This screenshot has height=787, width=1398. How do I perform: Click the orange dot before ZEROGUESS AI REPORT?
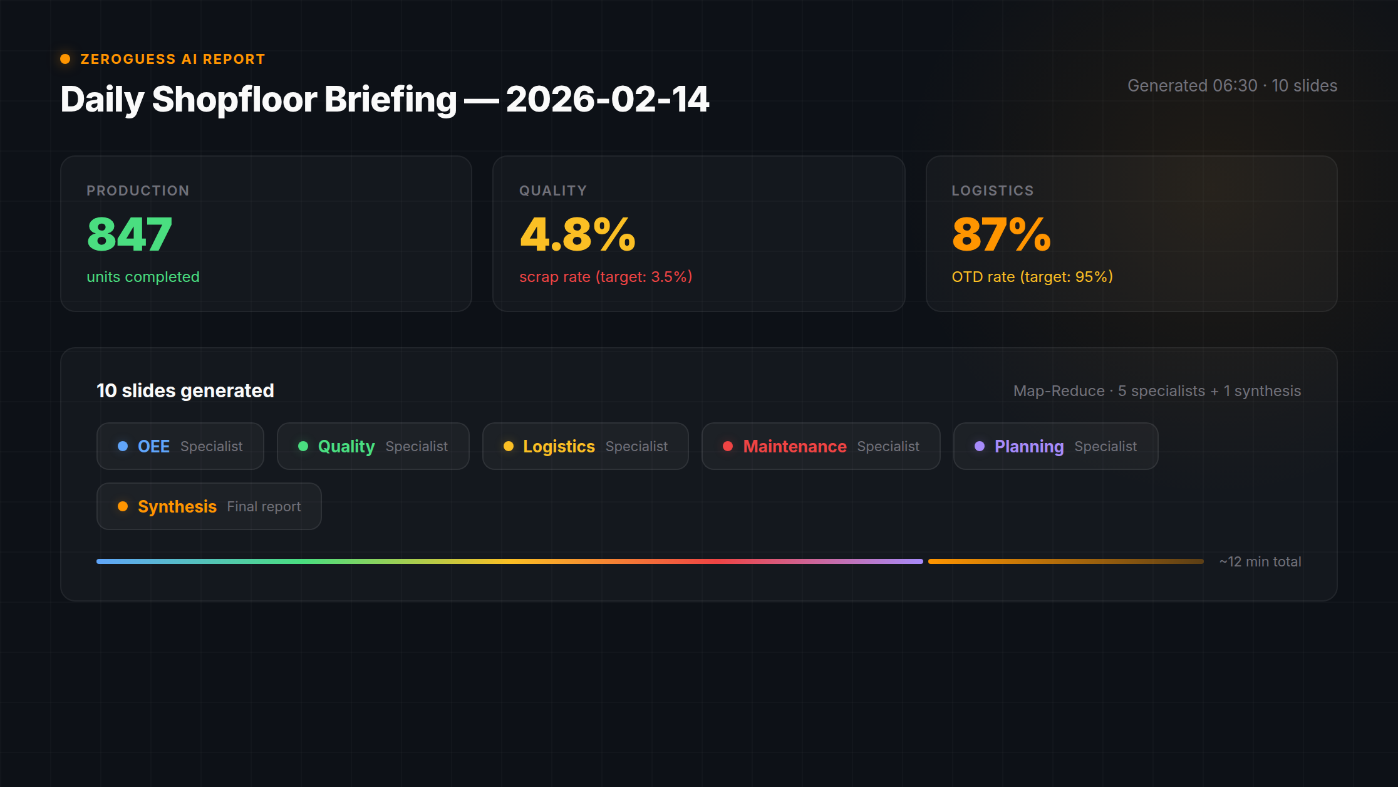pyautogui.click(x=65, y=59)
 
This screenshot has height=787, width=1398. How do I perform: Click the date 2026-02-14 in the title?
pyautogui.click(x=607, y=99)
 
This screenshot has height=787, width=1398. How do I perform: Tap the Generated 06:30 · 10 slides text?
pyautogui.click(x=1232, y=85)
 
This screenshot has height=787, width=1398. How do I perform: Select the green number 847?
pyautogui.click(x=130, y=234)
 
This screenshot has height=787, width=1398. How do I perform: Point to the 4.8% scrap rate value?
pyautogui.click(x=577, y=234)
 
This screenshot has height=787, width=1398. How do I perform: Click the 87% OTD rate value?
pyautogui.click(x=1001, y=234)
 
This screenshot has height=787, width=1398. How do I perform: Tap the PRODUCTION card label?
pyautogui.click(x=138, y=190)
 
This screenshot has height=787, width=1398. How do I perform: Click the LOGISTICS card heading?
pyautogui.click(x=993, y=190)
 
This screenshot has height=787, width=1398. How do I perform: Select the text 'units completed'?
pyautogui.click(x=143, y=277)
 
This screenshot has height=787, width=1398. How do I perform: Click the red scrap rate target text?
pyautogui.click(x=606, y=277)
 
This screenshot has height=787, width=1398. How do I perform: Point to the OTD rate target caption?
pyautogui.click(x=1032, y=277)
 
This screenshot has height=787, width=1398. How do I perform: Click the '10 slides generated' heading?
pyautogui.click(x=185, y=390)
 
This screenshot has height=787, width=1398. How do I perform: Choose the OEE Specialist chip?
pyautogui.click(x=180, y=446)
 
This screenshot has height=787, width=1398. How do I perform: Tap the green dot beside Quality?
pyautogui.click(x=303, y=446)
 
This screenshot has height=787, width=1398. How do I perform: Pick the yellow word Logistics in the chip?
pyautogui.click(x=559, y=446)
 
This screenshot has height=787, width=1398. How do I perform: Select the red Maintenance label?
pyautogui.click(x=795, y=446)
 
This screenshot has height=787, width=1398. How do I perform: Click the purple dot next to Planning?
pyautogui.click(x=980, y=446)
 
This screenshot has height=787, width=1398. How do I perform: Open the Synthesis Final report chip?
pyautogui.click(x=209, y=506)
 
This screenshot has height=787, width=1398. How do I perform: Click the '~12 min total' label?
pyautogui.click(x=1260, y=561)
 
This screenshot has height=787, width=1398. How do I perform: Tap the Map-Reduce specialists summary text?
pyautogui.click(x=1157, y=391)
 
